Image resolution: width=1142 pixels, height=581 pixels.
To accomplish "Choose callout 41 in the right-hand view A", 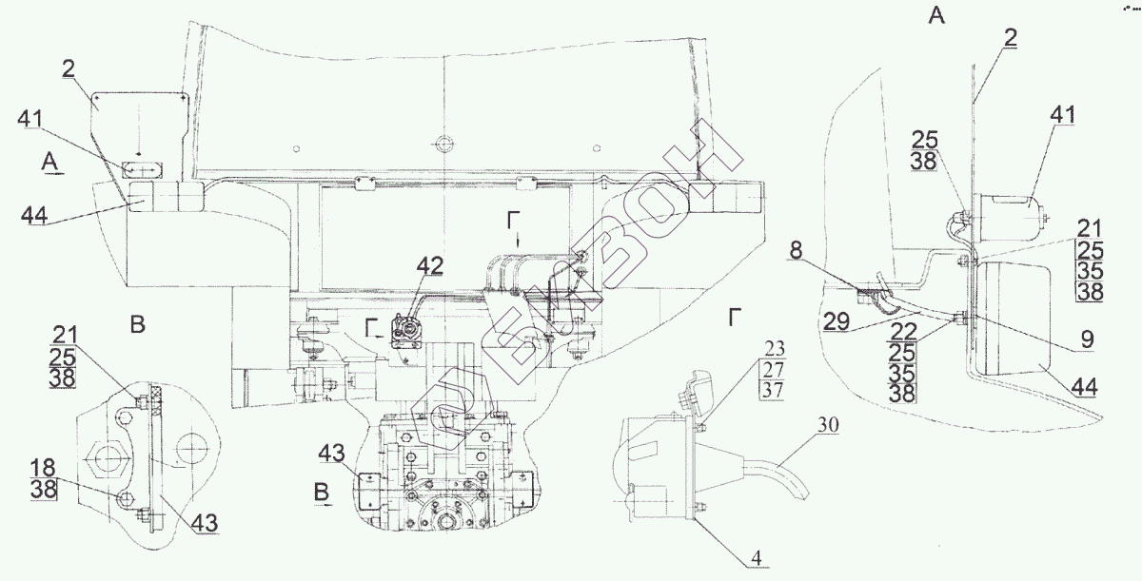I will pyautogui.click(x=1062, y=115).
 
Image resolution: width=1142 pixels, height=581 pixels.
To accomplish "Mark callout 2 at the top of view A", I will pyautogui.click(x=1010, y=37).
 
